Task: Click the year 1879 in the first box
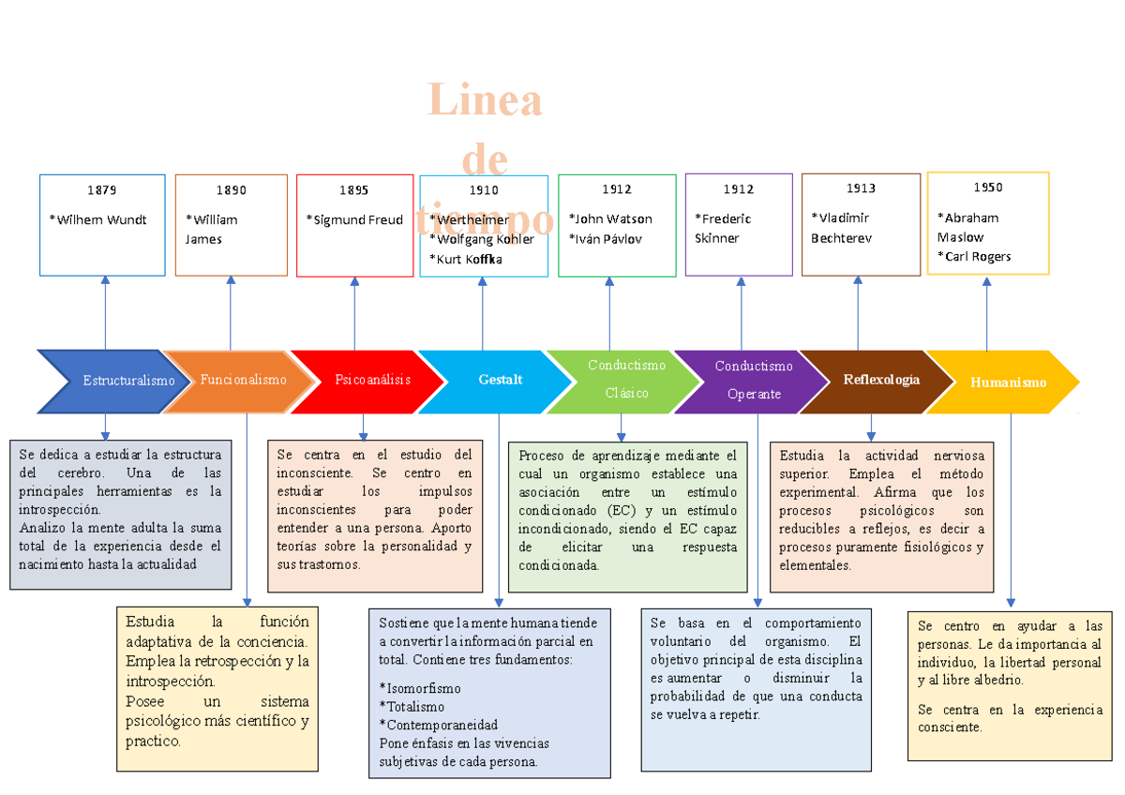[102, 190]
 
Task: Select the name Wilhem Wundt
[98, 220]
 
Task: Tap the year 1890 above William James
[231, 190]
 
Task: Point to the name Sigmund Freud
[354, 220]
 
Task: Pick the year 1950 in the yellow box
[987, 187]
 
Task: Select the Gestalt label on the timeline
[500, 380]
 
